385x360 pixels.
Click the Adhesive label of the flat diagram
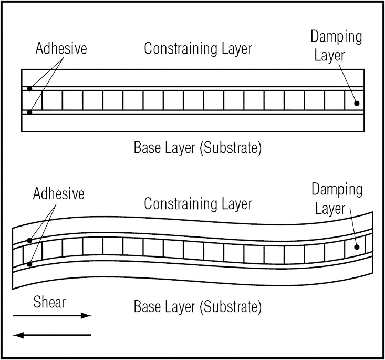click(61, 49)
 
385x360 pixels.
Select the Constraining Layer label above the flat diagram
click(198, 49)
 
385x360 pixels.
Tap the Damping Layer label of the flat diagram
click(336, 46)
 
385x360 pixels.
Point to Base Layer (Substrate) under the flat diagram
click(197, 148)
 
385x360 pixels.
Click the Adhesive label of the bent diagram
click(58, 194)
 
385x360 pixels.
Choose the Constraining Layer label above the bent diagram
click(198, 203)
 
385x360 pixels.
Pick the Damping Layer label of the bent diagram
click(337, 199)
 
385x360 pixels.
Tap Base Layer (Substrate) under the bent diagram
click(197, 306)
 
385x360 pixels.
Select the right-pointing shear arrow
click(52, 316)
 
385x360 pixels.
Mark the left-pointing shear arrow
click(52, 335)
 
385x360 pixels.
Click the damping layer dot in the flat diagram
click(357, 103)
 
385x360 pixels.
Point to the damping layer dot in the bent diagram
click(357, 246)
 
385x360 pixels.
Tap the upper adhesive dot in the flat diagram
click(29, 89)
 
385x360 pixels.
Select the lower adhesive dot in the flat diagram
click(29, 112)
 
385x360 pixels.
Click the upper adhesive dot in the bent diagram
click(29, 241)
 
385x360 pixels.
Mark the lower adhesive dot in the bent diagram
click(29, 264)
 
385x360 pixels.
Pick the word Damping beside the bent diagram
click(337, 190)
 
